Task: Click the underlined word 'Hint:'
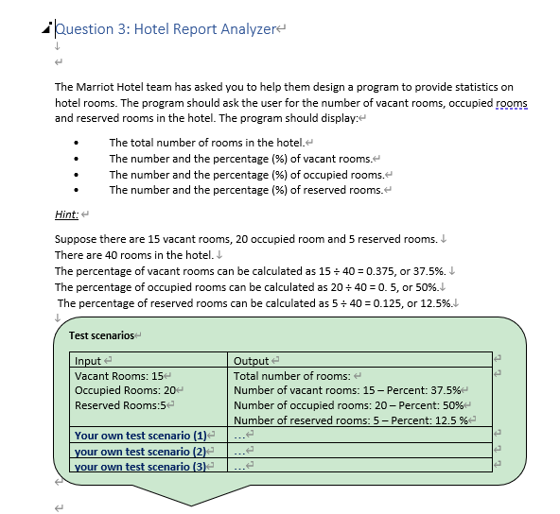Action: (67, 214)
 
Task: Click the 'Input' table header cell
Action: (88, 360)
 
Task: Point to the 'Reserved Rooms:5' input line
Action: (120, 405)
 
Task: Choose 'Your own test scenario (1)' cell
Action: (140, 436)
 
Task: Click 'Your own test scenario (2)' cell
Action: (140, 451)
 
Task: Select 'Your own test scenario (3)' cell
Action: (140, 466)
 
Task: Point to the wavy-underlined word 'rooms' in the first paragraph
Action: (511, 102)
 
